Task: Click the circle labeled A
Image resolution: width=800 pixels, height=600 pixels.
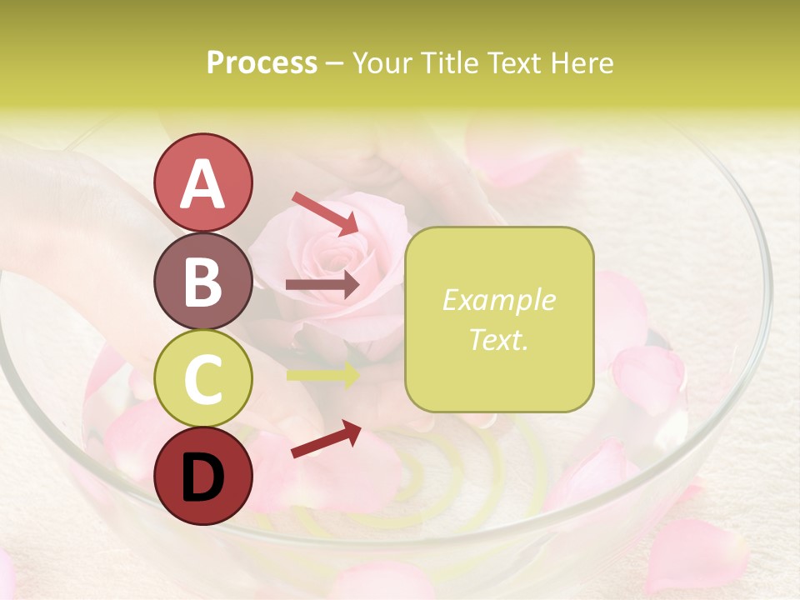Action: point(203,182)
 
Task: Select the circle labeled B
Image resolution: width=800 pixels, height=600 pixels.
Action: point(203,281)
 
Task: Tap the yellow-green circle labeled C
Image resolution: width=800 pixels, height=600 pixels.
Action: point(203,378)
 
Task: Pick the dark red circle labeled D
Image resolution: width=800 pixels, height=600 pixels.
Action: point(203,476)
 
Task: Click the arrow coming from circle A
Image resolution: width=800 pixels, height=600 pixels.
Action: point(325,213)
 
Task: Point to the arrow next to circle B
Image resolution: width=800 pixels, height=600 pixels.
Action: point(322,285)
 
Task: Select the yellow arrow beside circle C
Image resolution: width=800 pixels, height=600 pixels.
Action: point(322,375)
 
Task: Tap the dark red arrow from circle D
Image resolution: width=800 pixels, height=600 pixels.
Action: point(326,438)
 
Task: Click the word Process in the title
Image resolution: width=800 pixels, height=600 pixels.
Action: point(262,62)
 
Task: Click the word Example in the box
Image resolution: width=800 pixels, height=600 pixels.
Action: point(499,300)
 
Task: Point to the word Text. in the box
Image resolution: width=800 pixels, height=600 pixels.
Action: point(499,339)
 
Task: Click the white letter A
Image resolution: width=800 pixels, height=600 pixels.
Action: point(203,184)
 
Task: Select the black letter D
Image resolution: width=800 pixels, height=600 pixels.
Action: point(203,477)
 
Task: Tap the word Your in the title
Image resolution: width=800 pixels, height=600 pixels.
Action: point(382,62)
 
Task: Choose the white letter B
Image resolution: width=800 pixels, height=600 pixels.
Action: point(203,282)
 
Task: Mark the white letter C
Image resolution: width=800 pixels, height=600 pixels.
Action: point(203,379)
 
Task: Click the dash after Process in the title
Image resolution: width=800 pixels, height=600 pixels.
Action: point(335,64)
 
